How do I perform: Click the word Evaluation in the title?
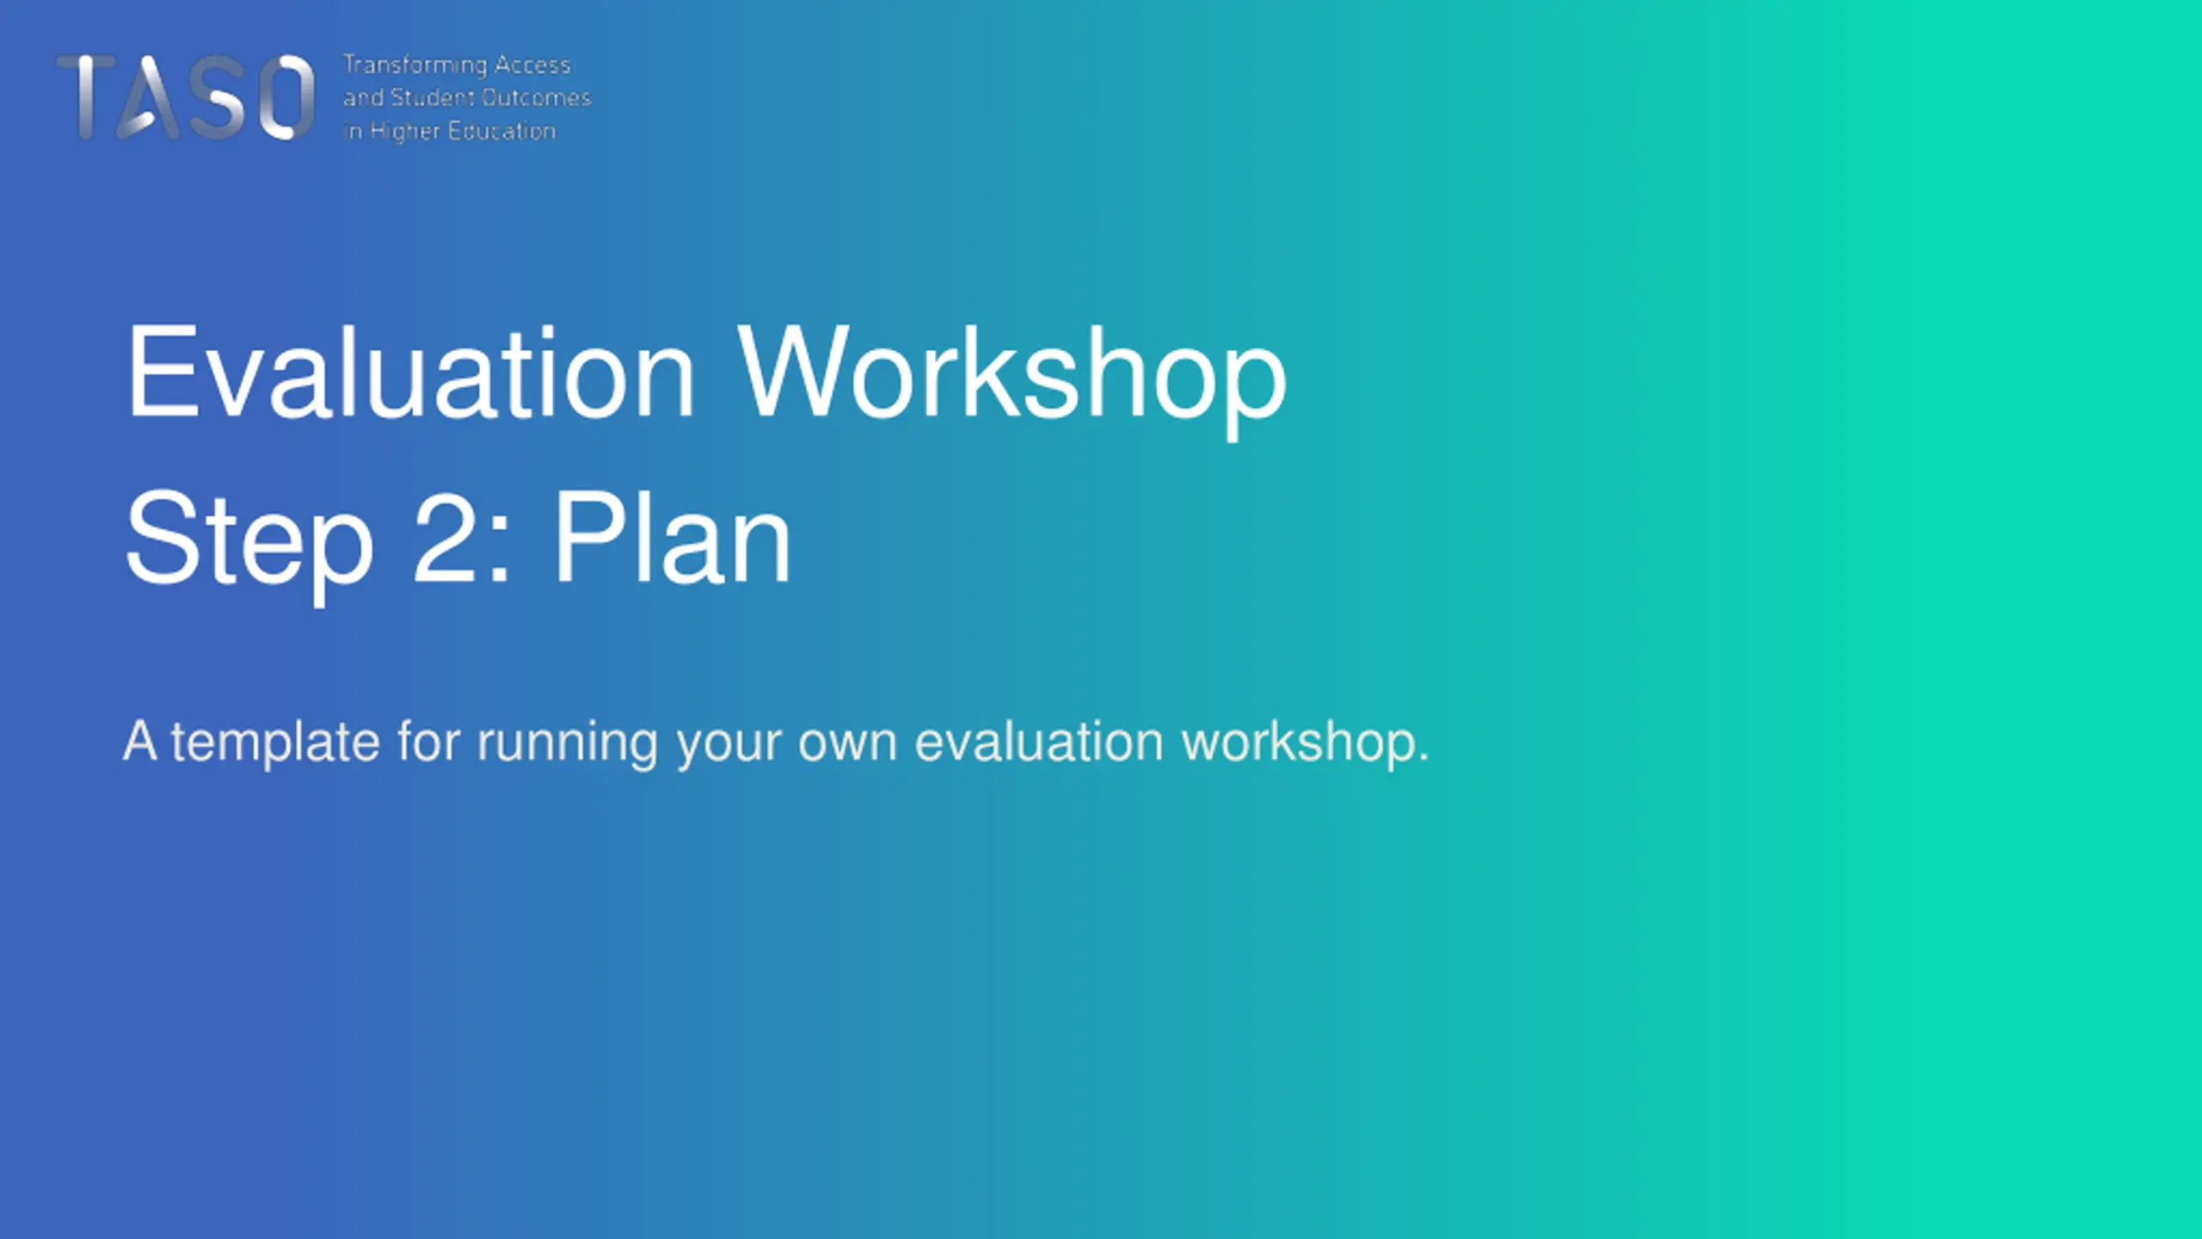[410, 373]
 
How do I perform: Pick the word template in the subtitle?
[275, 742]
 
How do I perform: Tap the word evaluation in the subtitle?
[1039, 742]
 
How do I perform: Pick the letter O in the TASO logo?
[286, 96]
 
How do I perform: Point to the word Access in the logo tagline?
[532, 65]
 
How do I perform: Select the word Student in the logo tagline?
[433, 97]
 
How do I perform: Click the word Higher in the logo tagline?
[404, 132]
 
